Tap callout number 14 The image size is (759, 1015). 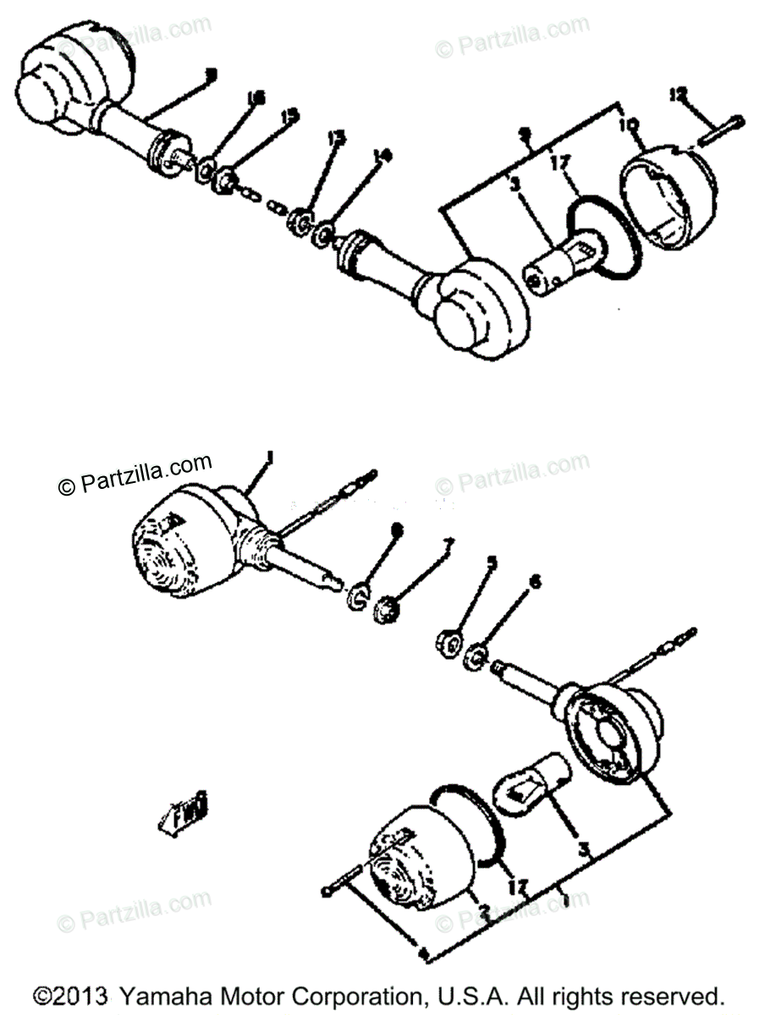[382, 154]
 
